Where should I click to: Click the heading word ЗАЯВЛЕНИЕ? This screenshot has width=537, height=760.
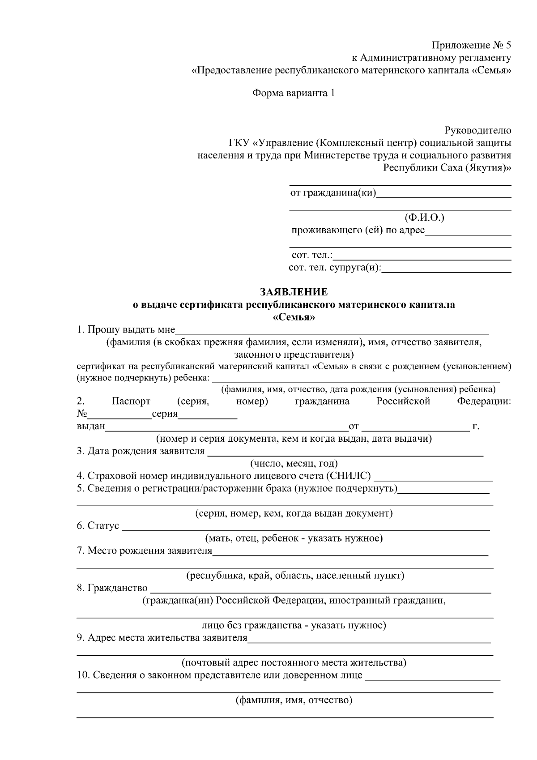click(294, 292)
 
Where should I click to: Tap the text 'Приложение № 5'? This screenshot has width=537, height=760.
click(471, 45)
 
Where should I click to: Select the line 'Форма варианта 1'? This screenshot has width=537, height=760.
click(294, 93)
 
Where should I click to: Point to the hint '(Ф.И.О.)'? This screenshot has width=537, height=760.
click(424, 218)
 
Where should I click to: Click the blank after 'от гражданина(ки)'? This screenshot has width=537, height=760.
click(444, 194)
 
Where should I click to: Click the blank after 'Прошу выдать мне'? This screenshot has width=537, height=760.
click(332, 331)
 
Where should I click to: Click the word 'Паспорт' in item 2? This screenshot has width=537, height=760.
click(131, 401)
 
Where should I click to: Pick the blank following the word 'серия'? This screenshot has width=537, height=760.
click(208, 415)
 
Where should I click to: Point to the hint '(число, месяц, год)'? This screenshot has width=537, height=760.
click(294, 463)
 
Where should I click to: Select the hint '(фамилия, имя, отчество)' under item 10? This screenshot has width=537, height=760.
click(294, 700)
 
